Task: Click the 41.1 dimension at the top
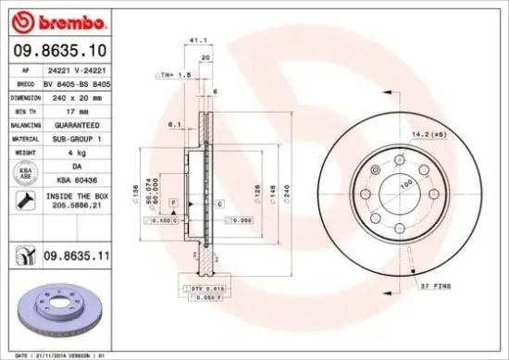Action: coord(195,41)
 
